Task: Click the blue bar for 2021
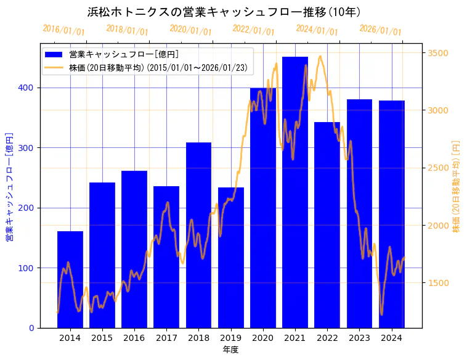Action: tap(295, 191)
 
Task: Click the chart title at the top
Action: tap(224, 12)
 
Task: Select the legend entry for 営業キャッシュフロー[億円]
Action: tap(124, 54)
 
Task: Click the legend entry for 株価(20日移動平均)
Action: tap(157, 68)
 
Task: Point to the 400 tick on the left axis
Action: tap(27, 88)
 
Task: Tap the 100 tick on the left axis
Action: tap(27, 268)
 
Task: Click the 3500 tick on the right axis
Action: tap(439, 53)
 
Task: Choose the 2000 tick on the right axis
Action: tap(439, 226)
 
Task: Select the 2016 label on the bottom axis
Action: tap(134, 338)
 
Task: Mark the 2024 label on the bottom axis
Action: tap(391, 338)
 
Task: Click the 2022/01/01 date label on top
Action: tap(253, 30)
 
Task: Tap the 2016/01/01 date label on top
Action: tap(63, 30)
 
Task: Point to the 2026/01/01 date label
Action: tap(380, 30)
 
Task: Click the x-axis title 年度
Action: tap(230, 350)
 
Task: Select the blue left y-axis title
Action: tap(9, 186)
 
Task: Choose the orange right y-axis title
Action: tap(457, 186)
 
